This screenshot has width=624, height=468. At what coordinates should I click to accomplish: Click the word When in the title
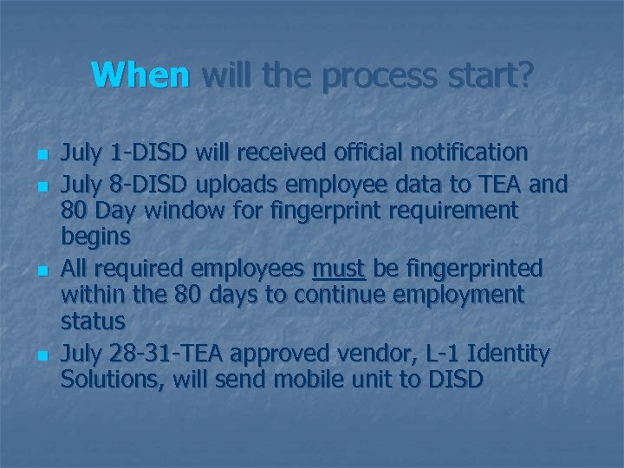[140, 75]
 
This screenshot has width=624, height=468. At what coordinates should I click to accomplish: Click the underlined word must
[338, 269]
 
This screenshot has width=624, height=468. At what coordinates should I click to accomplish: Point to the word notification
[460, 153]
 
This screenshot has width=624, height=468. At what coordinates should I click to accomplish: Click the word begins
[95, 237]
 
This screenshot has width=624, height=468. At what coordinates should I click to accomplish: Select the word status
[93, 321]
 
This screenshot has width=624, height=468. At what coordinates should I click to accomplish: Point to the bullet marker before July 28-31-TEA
[40, 356]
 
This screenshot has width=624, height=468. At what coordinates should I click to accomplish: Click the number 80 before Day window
[75, 211]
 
